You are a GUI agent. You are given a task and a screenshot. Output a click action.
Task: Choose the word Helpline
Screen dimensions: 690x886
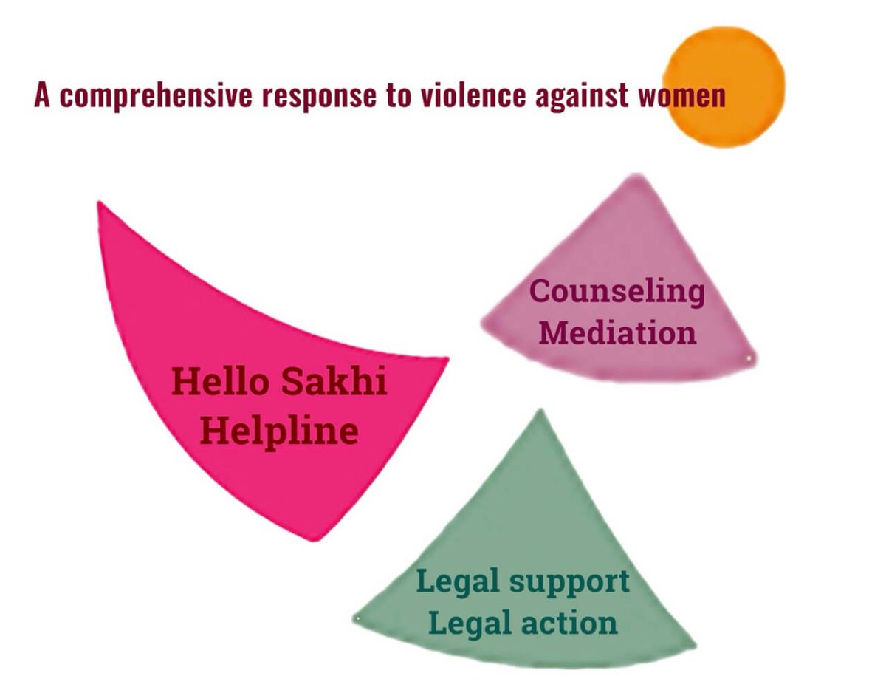pos(278,430)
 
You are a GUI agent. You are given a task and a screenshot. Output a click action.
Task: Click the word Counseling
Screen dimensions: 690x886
pos(617,291)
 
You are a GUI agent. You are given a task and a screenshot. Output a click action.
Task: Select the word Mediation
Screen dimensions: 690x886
pos(617,332)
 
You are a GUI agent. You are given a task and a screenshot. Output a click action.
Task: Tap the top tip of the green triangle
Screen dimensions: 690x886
pos(541,412)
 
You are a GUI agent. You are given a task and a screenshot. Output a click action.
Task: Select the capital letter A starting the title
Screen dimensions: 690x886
pos(42,96)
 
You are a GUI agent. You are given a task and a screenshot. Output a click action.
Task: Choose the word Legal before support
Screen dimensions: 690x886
pos(451,581)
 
